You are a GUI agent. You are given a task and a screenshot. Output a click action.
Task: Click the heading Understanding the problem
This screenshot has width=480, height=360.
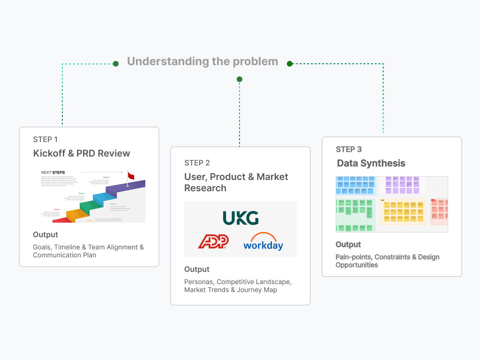pos(202,61)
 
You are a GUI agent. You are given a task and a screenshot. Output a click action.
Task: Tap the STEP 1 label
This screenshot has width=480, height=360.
pos(45,139)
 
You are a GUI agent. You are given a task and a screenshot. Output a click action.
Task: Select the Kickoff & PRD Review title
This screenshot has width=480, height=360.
pos(82,153)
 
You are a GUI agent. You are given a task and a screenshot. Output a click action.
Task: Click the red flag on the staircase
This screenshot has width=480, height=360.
pos(131,176)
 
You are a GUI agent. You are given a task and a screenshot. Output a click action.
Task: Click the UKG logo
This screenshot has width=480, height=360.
pos(240,218)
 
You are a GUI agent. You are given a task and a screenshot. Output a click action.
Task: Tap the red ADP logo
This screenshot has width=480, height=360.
pos(213,241)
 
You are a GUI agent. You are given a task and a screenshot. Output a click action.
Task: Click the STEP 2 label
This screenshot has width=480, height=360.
pos(197,163)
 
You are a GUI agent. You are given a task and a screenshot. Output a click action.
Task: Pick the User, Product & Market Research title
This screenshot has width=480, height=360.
pos(236,182)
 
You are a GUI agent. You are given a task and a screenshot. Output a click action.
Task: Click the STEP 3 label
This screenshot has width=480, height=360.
pos(349,149)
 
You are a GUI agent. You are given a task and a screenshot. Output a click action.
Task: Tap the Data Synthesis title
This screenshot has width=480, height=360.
pos(371,163)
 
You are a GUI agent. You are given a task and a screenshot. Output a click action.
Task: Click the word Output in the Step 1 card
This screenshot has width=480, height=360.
pos(45,234)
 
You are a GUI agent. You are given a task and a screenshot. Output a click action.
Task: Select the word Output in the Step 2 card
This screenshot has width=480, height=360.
pos(197,269)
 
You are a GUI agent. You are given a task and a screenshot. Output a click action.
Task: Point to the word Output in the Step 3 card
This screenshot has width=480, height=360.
pos(348,244)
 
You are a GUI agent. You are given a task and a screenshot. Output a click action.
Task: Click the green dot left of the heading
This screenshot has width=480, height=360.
pos(115,63)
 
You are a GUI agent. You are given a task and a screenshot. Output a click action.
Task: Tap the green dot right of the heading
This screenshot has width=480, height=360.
pos(290,63)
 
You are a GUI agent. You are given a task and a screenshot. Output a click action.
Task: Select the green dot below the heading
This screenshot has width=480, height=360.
pos(240,79)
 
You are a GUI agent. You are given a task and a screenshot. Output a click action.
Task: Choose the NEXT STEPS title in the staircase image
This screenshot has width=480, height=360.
pos(53,172)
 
